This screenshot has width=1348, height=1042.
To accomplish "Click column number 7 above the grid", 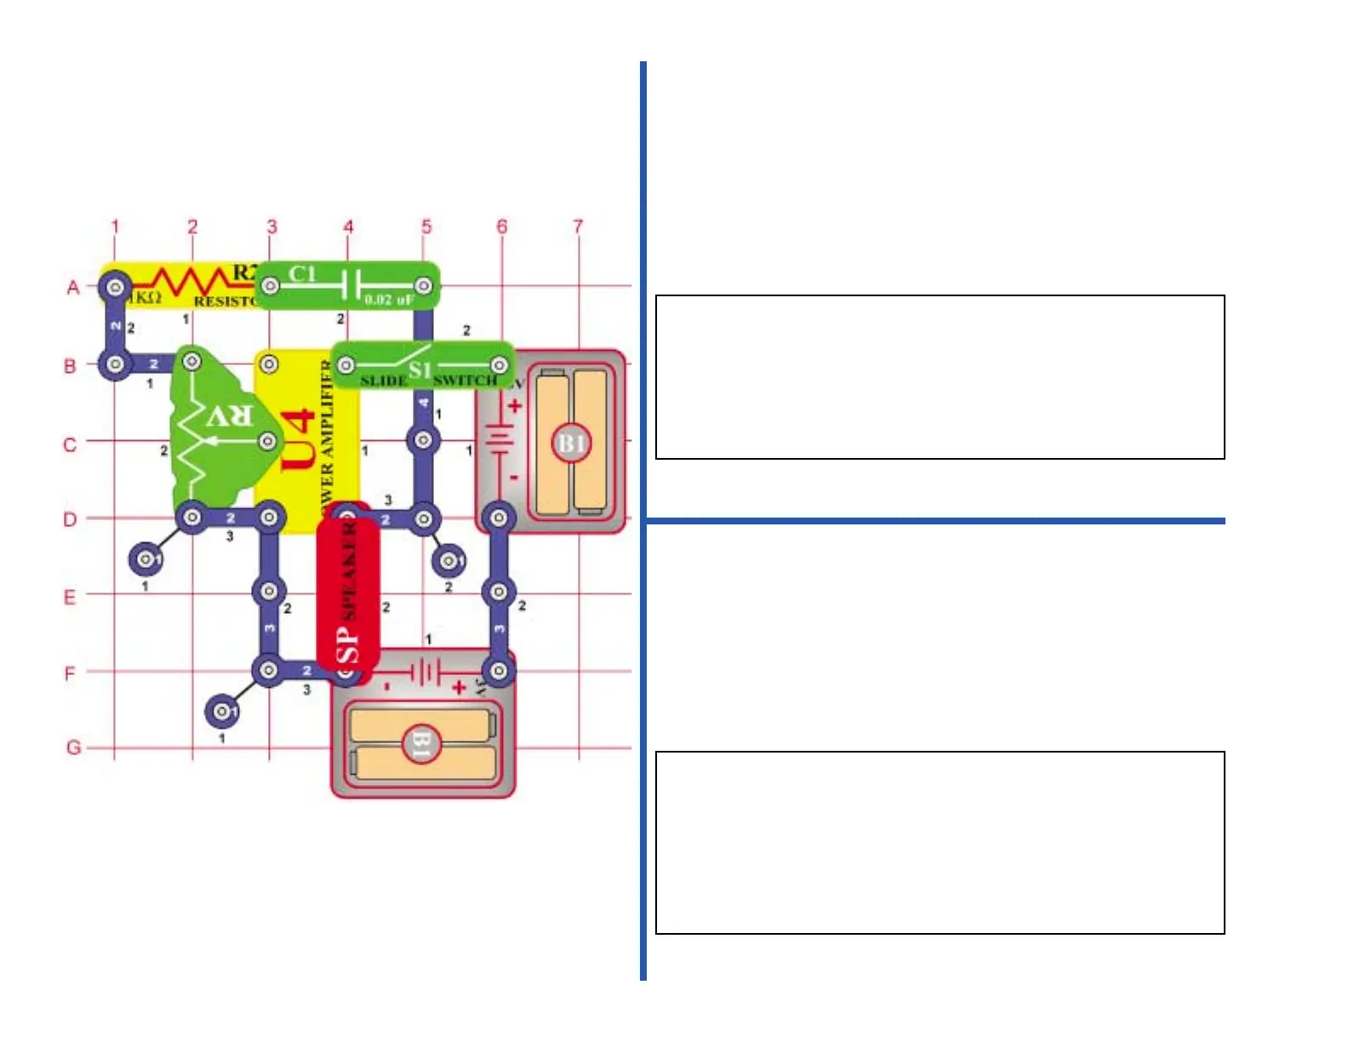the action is click(579, 226).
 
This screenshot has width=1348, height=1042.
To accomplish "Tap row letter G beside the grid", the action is click(74, 747).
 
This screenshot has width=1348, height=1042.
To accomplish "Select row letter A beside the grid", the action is click(73, 288).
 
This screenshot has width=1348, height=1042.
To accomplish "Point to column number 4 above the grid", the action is click(348, 226).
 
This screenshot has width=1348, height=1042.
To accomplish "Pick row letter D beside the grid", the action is click(71, 519).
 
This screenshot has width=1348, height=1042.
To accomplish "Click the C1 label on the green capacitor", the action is click(302, 274).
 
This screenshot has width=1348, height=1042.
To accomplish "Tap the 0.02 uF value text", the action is click(389, 300).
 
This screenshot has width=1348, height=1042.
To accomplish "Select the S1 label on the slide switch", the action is click(420, 369).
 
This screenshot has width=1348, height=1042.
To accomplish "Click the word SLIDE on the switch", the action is click(383, 381).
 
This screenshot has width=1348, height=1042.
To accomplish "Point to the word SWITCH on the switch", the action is click(465, 380).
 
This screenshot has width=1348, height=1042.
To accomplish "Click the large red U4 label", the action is click(298, 439).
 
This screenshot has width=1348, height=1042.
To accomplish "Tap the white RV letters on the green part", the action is click(230, 416).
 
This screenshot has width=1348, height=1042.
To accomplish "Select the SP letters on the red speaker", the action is click(348, 644).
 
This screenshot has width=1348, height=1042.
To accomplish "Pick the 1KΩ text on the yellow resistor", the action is click(145, 297).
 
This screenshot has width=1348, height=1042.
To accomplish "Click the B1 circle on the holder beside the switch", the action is click(571, 444).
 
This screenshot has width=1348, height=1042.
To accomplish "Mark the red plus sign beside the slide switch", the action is click(513, 407).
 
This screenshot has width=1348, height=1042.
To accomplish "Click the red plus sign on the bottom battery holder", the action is click(460, 686).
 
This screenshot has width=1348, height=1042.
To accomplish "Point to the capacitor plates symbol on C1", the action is click(351, 285).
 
